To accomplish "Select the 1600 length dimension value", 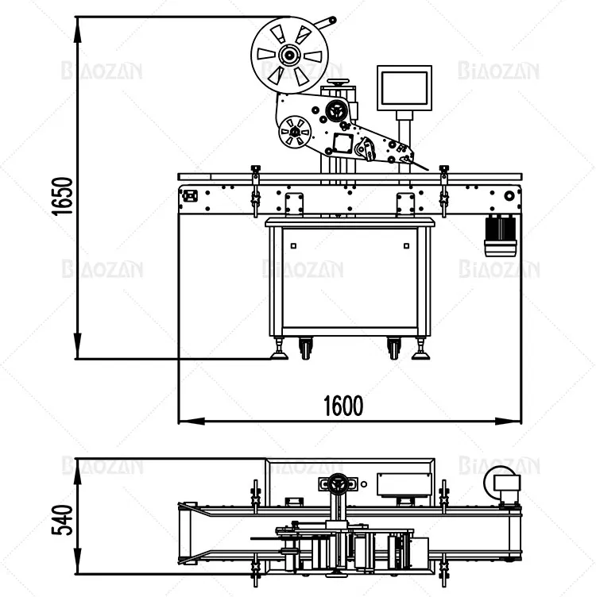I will (343, 406).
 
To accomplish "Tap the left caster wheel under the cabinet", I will (305, 348).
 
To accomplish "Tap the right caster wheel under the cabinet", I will (393, 348).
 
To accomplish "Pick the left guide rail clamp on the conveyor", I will (255, 189).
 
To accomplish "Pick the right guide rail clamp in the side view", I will (444, 189).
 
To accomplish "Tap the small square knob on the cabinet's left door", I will (292, 245).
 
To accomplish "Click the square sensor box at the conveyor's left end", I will (189, 195).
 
